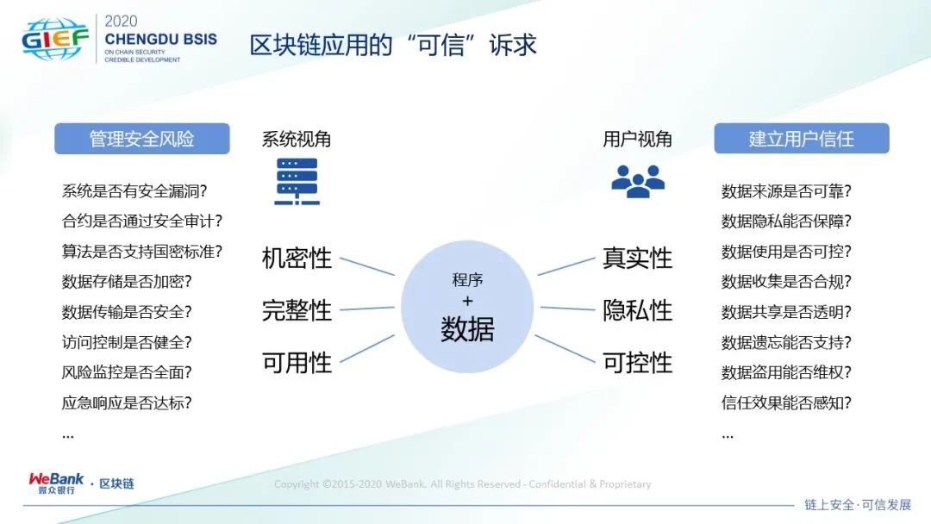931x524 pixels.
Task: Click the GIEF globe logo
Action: (x=54, y=39)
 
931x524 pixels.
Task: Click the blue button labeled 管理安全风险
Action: (x=142, y=139)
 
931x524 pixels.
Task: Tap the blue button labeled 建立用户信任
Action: (x=802, y=138)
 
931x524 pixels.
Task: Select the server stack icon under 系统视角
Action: (x=297, y=182)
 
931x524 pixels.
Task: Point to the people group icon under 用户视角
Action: (x=638, y=182)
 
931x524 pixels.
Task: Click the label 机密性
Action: (x=297, y=259)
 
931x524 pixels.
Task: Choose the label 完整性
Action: (x=297, y=310)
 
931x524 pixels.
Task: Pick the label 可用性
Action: (x=297, y=363)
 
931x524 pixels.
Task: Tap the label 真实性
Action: (x=637, y=259)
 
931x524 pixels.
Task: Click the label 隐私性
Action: (x=637, y=310)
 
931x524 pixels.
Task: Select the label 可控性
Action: (x=637, y=363)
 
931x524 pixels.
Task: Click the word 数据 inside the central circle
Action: (x=467, y=328)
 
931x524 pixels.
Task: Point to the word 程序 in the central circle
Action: (x=467, y=279)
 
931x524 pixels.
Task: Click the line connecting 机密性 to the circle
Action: (x=367, y=266)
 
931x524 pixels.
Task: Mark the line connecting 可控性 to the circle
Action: (x=565, y=348)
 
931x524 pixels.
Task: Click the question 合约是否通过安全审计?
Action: (x=142, y=221)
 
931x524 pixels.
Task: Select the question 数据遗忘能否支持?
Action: (x=786, y=342)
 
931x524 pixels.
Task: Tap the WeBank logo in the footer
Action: (x=56, y=483)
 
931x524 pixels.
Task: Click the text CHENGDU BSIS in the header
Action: (x=161, y=40)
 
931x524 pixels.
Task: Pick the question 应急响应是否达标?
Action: (x=127, y=403)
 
